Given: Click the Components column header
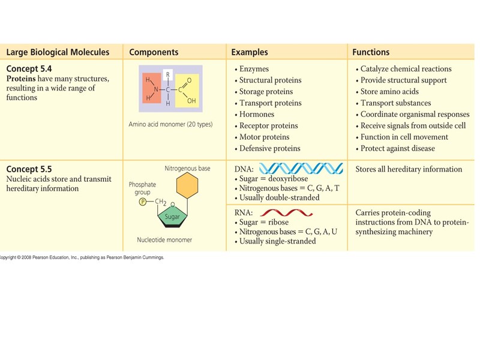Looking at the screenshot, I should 154,52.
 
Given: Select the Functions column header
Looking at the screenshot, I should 371,52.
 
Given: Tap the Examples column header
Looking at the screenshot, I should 250,52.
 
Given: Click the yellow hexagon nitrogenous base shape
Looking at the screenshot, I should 187,186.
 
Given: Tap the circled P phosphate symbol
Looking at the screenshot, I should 143,202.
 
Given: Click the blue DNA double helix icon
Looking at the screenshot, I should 301,168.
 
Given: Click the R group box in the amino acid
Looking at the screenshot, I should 168,75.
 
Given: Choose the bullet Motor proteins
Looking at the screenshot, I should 264,137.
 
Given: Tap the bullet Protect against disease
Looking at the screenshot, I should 397,148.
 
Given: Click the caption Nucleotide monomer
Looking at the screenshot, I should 164,240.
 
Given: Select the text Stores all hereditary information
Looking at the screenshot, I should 409,169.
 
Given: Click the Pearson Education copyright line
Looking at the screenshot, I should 82,257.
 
